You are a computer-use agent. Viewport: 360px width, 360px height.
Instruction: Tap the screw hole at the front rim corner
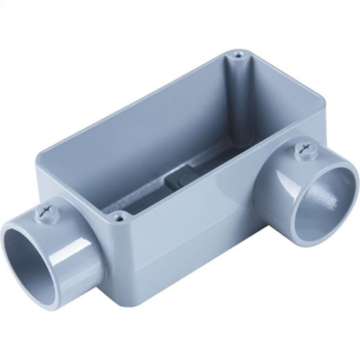pos(120,215)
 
